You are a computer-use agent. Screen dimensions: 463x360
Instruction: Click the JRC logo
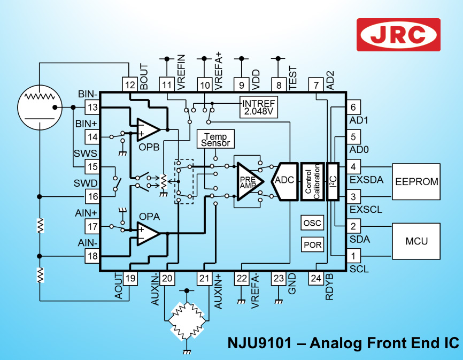point(398,35)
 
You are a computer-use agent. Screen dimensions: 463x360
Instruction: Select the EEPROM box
point(416,182)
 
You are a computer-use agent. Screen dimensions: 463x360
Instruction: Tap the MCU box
point(416,241)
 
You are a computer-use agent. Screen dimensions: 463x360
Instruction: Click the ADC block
point(284,181)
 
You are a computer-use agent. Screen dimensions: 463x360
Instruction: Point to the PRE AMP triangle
point(248,181)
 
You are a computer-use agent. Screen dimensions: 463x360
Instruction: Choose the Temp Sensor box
point(215,139)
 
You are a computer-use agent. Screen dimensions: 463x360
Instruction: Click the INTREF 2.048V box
point(259,107)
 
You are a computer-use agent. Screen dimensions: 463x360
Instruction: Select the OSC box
point(312,223)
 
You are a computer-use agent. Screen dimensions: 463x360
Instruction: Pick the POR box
point(312,244)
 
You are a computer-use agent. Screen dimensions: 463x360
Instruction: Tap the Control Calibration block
point(312,181)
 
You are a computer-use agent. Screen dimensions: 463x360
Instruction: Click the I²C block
point(333,181)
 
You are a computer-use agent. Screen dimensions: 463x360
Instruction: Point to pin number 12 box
point(130,85)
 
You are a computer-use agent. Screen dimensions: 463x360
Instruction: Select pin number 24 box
point(315,278)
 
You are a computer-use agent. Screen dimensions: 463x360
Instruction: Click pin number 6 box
point(353,107)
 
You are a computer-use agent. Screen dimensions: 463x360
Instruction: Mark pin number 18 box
point(92,256)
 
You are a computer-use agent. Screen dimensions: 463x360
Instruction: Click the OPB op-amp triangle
point(148,129)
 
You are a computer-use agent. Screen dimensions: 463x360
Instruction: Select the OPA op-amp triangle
point(148,234)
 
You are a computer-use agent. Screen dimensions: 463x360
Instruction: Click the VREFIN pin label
point(181,72)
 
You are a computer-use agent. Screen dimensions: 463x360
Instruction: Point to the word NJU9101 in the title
point(259,343)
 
